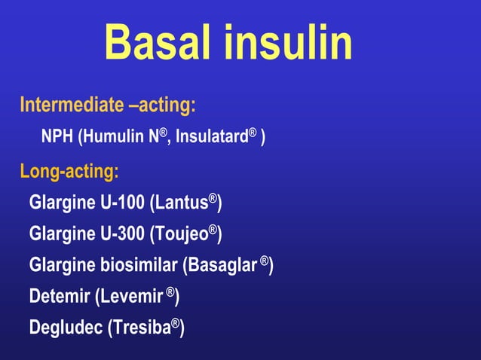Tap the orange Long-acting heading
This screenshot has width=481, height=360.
click(69, 172)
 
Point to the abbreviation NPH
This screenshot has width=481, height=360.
click(58, 138)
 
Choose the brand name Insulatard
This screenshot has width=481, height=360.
click(215, 138)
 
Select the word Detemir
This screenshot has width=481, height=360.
click(59, 297)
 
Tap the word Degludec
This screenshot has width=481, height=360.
click(64, 328)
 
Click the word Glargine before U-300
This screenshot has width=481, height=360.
click(62, 234)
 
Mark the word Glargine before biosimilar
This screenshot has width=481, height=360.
click(62, 266)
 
